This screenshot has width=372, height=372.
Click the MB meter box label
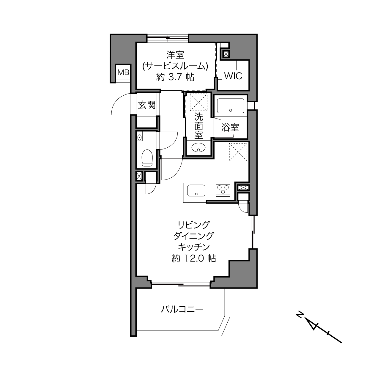[x=123, y=72]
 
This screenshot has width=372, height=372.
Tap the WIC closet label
[x=233, y=76]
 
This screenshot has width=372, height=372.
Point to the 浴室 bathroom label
[x=230, y=127]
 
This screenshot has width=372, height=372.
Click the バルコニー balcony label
[x=182, y=309]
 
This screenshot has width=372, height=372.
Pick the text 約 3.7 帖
[x=175, y=77]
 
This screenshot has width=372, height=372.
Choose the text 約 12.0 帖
[x=194, y=258]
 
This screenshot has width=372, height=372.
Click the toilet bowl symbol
[x=147, y=158]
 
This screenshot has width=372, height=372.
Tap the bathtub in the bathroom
[x=231, y=106]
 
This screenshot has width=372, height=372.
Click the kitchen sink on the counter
[x=196, y=190]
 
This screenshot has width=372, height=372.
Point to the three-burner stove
[x=223, y=190]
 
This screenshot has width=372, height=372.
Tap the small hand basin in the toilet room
[x=139, y=137]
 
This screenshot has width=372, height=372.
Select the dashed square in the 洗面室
[x=198, y=102]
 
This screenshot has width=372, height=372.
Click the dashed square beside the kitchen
[x=238, y=152]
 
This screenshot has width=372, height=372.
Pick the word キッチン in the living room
[x=194, y=247]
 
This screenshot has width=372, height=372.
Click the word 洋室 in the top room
[x=175, y=55]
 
